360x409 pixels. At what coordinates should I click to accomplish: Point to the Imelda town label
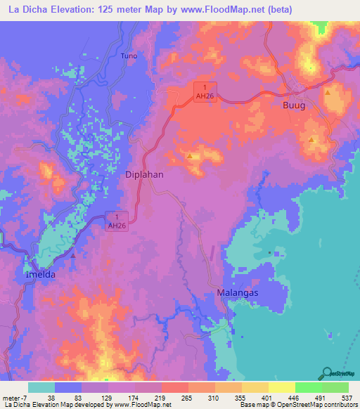pyautogui.click(x=41, y=275)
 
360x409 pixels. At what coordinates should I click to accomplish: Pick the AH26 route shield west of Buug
pyautogui.click(x=205, y=91)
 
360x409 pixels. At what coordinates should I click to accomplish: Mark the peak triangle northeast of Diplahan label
pyautogui.click(x=190, y=155)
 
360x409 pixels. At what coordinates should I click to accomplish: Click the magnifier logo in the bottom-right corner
pyautogui.click(x=327, y=372)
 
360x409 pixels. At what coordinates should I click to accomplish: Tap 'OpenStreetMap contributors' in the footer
pyautogui.click(x=310, y=405)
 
